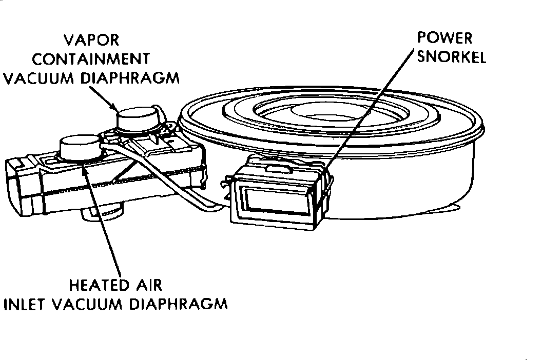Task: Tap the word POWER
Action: pyautogui.click(x=444, y=38)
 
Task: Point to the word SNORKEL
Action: pyautogui.click(x=452, y=56)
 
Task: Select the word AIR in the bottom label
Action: pyautogui.click(x=148, y=285)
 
